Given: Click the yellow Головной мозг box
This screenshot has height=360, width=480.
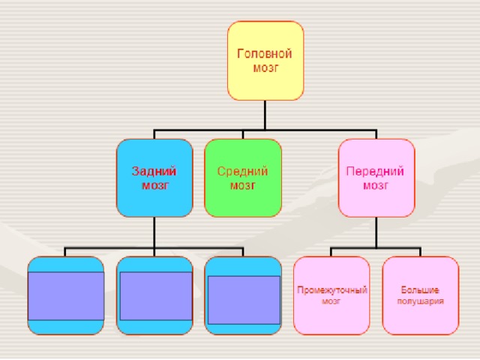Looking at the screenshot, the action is [x=265, y=61].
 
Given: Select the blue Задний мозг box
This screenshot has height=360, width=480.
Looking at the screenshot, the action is [x=154, y=178].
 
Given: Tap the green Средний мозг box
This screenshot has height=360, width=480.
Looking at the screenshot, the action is [x=243, y=178].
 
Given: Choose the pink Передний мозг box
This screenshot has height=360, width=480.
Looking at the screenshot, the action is [x=376, y=178].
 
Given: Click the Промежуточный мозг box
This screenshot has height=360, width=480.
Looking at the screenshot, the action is [x=331, y=295].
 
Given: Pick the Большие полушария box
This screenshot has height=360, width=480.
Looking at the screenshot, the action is [x=421, y=295].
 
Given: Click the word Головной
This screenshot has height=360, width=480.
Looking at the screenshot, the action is [x=265, y=54].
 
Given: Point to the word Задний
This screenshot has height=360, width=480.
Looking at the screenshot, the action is [x=154, y=172].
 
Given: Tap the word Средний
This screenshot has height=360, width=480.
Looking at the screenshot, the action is [x=242, y=172].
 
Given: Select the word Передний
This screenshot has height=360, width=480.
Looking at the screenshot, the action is [x=375, y=172].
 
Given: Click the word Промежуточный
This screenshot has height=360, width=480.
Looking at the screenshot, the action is [x=332, y=290].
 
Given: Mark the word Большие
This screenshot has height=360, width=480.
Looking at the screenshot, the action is [x=420, y=289].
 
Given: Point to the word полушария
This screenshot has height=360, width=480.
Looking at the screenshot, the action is [x=420, y=301].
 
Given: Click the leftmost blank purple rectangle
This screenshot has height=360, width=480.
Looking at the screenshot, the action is [x=66, y=296].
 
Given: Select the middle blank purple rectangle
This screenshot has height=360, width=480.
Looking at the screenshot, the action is [x=156, y=296].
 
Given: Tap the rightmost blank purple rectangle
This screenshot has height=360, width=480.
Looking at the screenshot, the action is [x=244, y=300].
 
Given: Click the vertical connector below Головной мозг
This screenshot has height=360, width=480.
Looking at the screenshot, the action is [x=265, y=115].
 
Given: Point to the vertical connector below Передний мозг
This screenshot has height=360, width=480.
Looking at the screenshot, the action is [x=376, y=232].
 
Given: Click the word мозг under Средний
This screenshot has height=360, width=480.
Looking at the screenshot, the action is [x=243, y=185].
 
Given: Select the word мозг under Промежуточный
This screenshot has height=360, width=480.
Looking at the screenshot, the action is [x=331, y=301].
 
